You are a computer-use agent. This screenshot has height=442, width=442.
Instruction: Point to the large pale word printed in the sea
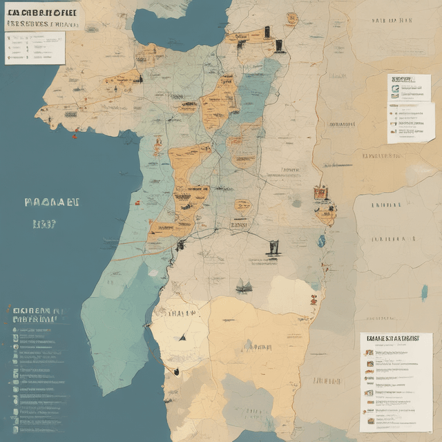click(52, 203)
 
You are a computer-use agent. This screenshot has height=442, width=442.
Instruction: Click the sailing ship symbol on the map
click(244, 285)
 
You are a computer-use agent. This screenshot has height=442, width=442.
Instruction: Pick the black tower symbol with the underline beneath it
click(273, 249)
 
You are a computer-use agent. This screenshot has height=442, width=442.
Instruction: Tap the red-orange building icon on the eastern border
click(320, 193)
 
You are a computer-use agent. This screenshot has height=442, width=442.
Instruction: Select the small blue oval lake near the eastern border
click(322, 241)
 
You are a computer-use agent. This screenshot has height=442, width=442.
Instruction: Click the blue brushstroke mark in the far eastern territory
click(423, 292)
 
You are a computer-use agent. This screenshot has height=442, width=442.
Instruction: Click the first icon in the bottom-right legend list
click(370, 353)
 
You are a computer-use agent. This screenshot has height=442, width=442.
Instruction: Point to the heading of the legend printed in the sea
click(35, 315)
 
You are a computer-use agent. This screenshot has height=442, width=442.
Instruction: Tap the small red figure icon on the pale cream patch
click(314, 299)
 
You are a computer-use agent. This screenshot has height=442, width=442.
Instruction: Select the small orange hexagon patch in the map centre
click(242, 205)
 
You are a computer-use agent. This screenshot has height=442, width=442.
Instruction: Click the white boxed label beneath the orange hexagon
click(240, 223)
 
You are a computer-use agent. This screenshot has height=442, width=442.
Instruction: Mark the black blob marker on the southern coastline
click(177, 372)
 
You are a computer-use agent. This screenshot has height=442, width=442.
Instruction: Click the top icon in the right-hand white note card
click(394, 80)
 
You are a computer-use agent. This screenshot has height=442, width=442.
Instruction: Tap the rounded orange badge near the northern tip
click(292, 19)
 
